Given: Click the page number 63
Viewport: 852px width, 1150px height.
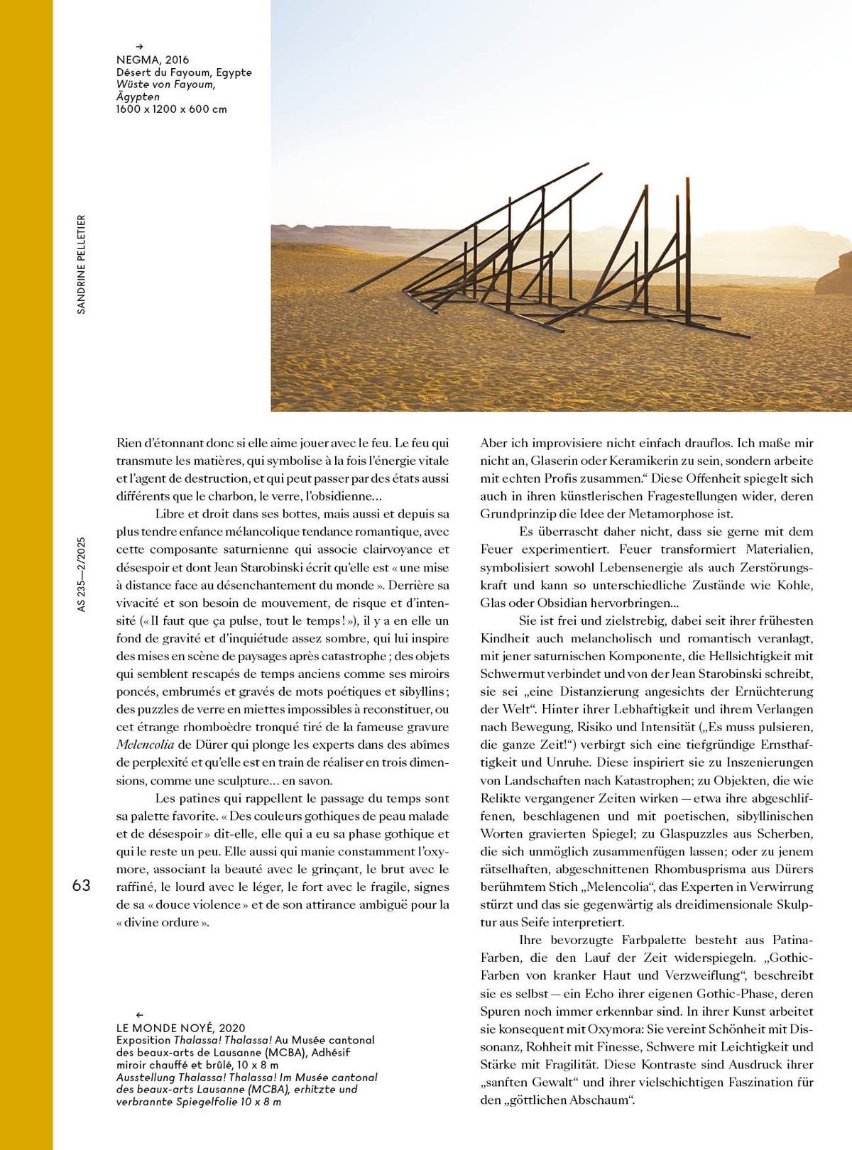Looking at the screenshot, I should click(x=82, y=885).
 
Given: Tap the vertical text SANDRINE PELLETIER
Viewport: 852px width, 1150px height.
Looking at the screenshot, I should click(x=81, y=264).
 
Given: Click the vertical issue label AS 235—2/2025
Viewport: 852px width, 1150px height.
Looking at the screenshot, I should click(x=81, y=574).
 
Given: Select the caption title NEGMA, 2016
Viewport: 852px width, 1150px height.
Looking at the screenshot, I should click(x=153, y=60).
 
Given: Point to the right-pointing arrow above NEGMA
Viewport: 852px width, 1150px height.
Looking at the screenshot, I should click(x=139, y=47).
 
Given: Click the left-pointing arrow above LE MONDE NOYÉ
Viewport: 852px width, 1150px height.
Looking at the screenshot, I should click(x=139, y=1015).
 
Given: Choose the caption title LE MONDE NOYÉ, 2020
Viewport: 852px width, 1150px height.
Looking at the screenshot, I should click(x=180, y=1027).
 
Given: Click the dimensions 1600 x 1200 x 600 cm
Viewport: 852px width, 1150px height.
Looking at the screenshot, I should click(x=171, y=109).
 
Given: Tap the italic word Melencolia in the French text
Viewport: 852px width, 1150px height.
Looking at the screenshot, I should click(x=145, y=745).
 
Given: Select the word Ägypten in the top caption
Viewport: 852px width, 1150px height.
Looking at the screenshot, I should click(x=138, y=97).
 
